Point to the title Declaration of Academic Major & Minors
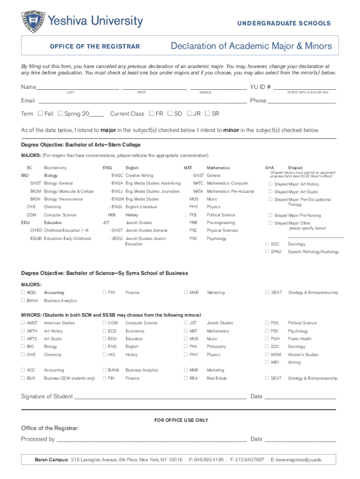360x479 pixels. click(x=251, y=46)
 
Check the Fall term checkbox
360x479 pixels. click(x=40, y=114)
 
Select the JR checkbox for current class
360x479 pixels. click(x=189, y=114)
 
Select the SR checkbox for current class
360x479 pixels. click(x=208, y=114)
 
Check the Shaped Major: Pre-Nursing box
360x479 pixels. click(x=270, y=215)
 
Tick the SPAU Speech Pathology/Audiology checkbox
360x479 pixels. click(x=267, y=252)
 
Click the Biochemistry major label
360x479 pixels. click(x=55, y=167)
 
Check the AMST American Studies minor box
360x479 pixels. click(x=23, y=323)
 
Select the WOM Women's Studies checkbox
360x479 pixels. click(x=267, y=355)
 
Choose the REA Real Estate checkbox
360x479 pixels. click(x=186, y=378)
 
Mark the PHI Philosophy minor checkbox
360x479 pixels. click(x=186, y=347)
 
